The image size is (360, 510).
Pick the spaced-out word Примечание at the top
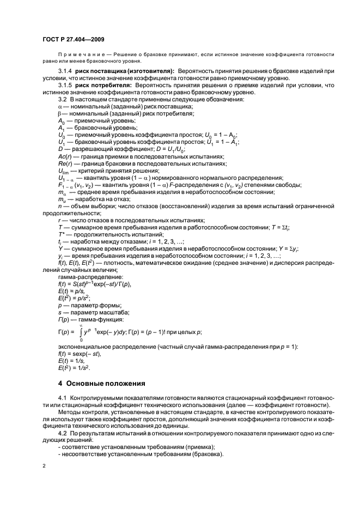click(x=78, y=55)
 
